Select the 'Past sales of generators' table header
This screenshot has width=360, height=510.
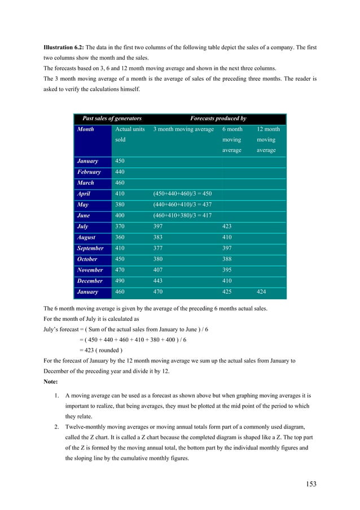pos(112,119)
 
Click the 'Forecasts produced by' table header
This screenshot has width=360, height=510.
pos(218,119)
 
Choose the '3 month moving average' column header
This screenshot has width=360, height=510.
pos(183,129)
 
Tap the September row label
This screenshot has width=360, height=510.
pos(90,248)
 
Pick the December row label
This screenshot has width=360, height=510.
pos(90,281)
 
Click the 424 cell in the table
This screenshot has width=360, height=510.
pos(262,292)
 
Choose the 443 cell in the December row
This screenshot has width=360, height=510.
pos(159,281)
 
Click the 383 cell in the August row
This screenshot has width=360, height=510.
pos(159,237)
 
